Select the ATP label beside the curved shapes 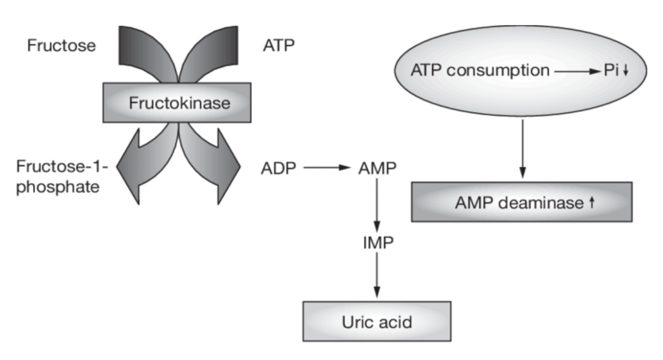tap(278, 47)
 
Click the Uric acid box tap(377, 321)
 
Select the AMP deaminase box tap(522, 203)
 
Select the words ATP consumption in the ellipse tap(480, 70)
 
